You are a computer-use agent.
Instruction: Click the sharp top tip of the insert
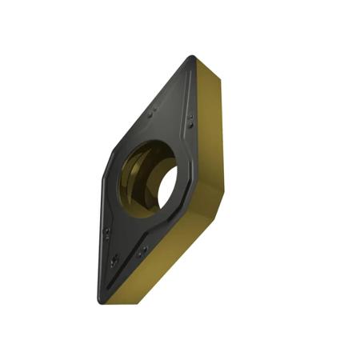pos(192,58)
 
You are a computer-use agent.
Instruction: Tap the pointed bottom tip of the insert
pos(101,300)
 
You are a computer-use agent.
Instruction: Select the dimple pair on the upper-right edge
pos(191,121)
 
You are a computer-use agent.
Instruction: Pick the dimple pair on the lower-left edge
pos(108,233)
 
